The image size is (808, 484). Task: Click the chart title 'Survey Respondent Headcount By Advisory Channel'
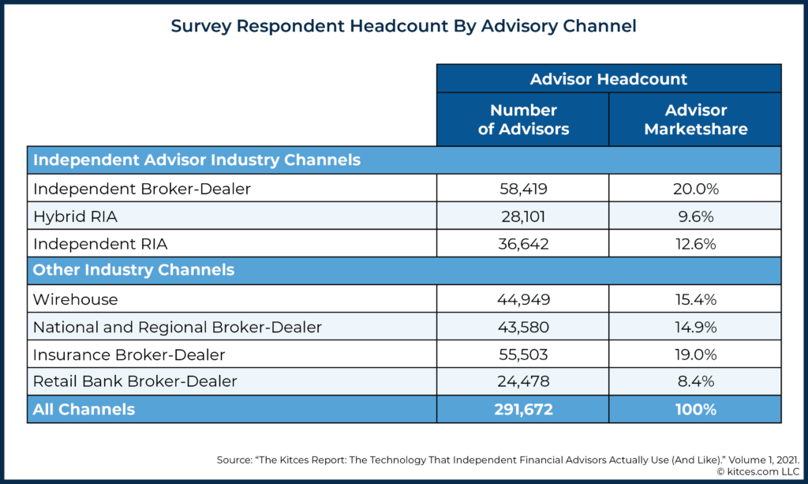click(403, 26)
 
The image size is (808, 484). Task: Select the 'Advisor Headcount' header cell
click(608, 79)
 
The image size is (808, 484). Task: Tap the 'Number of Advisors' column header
click(523, 119)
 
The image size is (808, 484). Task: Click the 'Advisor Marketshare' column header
click(695, 119)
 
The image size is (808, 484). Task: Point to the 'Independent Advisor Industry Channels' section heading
click(196, 160)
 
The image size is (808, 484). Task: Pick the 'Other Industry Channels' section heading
click(133, 270)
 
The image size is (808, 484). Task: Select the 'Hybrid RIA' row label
click(69, 216)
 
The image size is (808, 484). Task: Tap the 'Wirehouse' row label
click(75, 299)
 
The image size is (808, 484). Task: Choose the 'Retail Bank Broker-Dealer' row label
click(135, 382)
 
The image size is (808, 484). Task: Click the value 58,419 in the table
click(523, 189)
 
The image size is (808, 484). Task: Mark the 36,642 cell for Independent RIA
click(523, 244)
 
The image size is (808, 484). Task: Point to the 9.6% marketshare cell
click(695, 216)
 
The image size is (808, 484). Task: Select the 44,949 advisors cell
click(523, 299)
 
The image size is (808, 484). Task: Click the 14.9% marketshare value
click(695, 327)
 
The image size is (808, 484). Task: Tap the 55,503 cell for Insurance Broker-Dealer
click(523, 355)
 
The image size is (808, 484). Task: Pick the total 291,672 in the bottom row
click(523, 410)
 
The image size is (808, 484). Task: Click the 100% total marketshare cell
click(695, 410)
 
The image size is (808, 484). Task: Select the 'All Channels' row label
click(84, 410)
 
